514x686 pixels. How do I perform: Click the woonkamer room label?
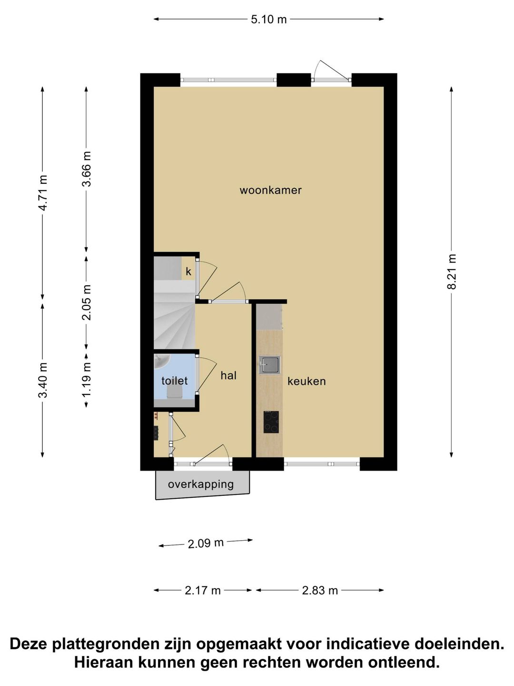coord(271,190)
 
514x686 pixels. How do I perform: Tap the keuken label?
coord(306,381)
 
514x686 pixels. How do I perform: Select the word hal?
coord(228,375)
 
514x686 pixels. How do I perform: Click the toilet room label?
coord(175,381)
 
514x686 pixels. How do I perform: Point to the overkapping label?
coord(201,484)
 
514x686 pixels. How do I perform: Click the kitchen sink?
coord(269,365)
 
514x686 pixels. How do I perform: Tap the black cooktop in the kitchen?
coord(271,422)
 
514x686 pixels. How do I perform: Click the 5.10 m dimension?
coord(269,20)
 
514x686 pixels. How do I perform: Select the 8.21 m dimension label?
coord(452,271)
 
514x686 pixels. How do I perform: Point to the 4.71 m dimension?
coord(43,193)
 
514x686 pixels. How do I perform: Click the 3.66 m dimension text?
coord(87,169)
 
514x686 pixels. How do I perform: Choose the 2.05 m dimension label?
coord(87,303)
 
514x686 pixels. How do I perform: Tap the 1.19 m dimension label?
coord(87,380)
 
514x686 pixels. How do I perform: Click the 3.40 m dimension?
coord(43,380)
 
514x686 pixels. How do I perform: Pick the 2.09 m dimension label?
coord(206,544)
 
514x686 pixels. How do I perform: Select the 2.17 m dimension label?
coord(203,591)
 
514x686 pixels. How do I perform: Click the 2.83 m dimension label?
coord(320,591)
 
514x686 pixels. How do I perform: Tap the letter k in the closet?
coord(188,272)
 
